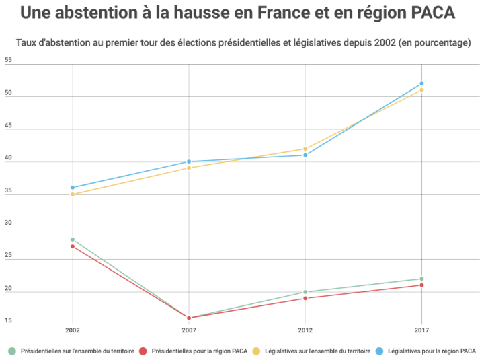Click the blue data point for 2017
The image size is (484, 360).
(x=421, y=83)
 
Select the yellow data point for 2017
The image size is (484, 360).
(x=421, y=90)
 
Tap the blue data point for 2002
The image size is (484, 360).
(x=73, y=188)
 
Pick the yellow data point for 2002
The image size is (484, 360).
(x=73, y=194)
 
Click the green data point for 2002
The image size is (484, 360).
(x=73, y=240)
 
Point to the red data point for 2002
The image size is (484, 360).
(x=73, y=246)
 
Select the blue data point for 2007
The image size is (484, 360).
(x=189, y=161)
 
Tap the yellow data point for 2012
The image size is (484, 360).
(x=305, y=149)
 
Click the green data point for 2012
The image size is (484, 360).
(x=305, y=292)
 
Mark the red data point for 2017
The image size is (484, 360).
(x=421, y=285)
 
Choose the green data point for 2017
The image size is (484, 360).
(x=421, y=279)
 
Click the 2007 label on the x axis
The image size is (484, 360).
(x=189, y=330)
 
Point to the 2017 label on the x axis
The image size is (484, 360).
(x=421, y=330)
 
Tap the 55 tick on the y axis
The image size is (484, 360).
(x=8, y=61)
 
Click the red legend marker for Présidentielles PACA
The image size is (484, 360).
(x=143, y=351)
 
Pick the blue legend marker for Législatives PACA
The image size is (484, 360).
(x=379, y=351)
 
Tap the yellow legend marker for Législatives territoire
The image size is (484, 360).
(x=256, y=351)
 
